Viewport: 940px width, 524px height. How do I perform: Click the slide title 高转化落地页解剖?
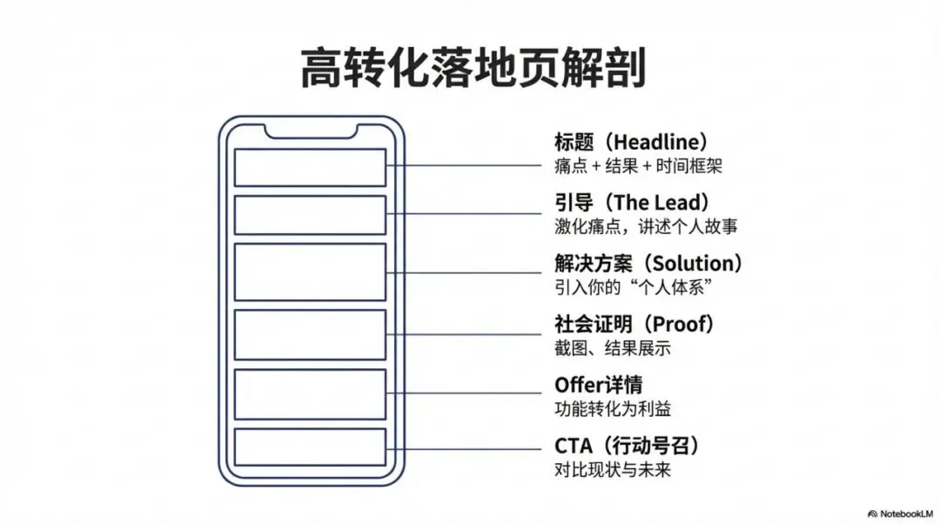point(473,68)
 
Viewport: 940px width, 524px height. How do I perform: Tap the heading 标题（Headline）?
point(630,142)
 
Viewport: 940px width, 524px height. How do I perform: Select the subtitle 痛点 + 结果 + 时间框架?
point(638,165)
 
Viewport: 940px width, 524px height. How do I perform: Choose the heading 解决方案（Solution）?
point(648,263)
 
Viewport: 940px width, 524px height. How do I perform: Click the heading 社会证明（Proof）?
point(634,325)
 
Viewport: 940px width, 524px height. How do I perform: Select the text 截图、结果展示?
point(613,348)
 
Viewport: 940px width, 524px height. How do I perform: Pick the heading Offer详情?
point(599,385)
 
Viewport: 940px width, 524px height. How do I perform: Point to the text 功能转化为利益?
point(613,409)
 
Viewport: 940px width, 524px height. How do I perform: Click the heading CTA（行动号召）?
point(627,447)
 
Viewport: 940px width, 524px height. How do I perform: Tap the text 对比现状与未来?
point(613,470)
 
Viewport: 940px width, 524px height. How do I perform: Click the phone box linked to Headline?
point(311,166)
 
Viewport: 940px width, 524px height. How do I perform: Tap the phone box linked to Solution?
point(311,272)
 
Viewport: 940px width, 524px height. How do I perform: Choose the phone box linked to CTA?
point(311,447)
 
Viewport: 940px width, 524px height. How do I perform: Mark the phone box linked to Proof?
point(311,335)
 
